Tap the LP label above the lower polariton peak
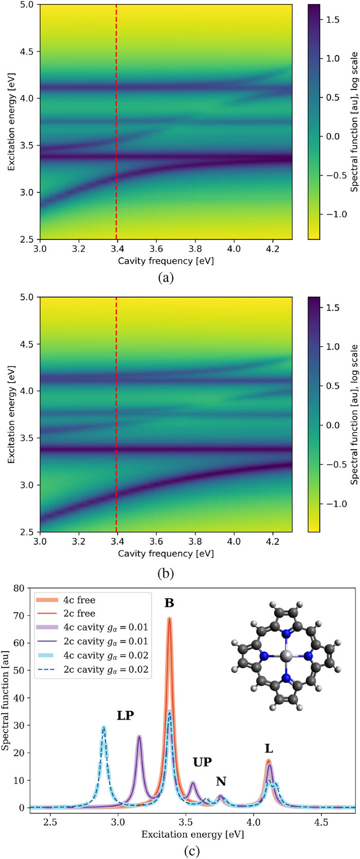click(125, 715)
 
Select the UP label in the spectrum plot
click(202, 762)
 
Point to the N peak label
click(221, 782)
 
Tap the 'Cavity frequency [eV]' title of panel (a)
click(166, 261)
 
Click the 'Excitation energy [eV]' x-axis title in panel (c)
click(193, 834)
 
